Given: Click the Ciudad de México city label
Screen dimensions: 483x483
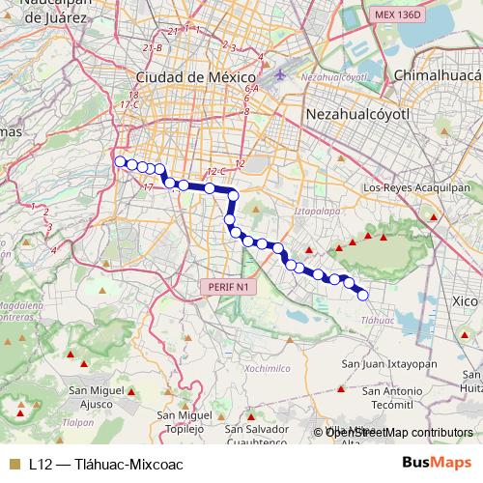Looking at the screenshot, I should pos(194,76).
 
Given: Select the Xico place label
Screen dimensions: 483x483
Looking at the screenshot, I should pos(464,302).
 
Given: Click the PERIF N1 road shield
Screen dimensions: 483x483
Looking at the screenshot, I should pos(229,287).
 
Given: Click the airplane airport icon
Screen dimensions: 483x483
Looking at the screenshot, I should pos(280,73).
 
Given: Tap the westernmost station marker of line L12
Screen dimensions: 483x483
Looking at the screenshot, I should pos(120,161).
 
